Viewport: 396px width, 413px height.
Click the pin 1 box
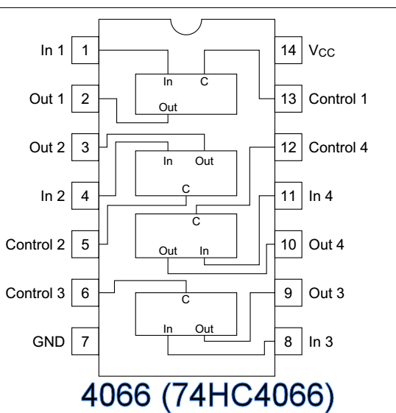[86, 51]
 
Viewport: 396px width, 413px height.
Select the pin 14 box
[289, 51]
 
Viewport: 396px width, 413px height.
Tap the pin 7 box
[86, 342]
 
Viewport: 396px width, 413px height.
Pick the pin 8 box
[289, 342]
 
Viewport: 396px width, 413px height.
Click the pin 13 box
[289, 99]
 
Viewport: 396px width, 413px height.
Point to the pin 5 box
[86, 244]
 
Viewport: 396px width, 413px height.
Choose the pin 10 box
[289, 244]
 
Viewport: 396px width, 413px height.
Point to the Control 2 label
[35, 244]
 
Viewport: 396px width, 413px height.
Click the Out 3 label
[325, 293]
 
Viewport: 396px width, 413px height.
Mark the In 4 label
[319, 197]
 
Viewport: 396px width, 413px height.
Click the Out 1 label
[49, 99]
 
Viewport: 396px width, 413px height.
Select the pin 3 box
[86, 148]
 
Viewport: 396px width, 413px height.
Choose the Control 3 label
[35, 293]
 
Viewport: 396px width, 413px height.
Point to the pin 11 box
[289, 197]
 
